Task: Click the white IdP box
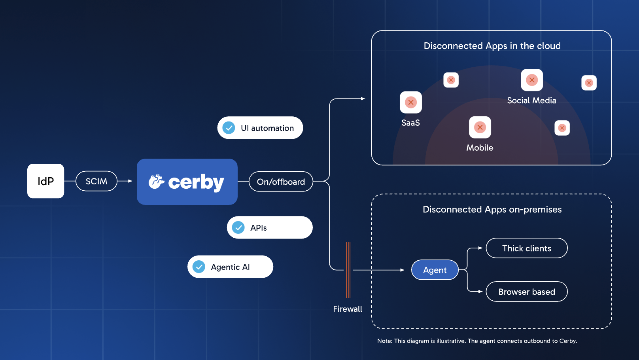coord(45,181)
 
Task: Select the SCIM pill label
coord(96,181)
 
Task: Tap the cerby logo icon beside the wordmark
coord(157,182)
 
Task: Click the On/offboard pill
coord(281,182)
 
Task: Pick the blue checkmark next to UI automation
coord(229,128)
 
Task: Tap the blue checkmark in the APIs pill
coord(238,227)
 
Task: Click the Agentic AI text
coord(230,267)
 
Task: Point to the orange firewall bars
coord(348,270)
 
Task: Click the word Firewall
coord(347,309)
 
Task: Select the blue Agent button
coord(435,270)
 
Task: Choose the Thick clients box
coord(526,248)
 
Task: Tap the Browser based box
coord(526,292)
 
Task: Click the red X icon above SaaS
coord(411,102)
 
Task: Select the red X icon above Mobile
coord(480,127)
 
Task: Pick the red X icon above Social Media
coord(532,80)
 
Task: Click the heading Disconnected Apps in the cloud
coord(492,46)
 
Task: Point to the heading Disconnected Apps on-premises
coord(492,209)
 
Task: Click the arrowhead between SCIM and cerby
coord(130,181)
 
